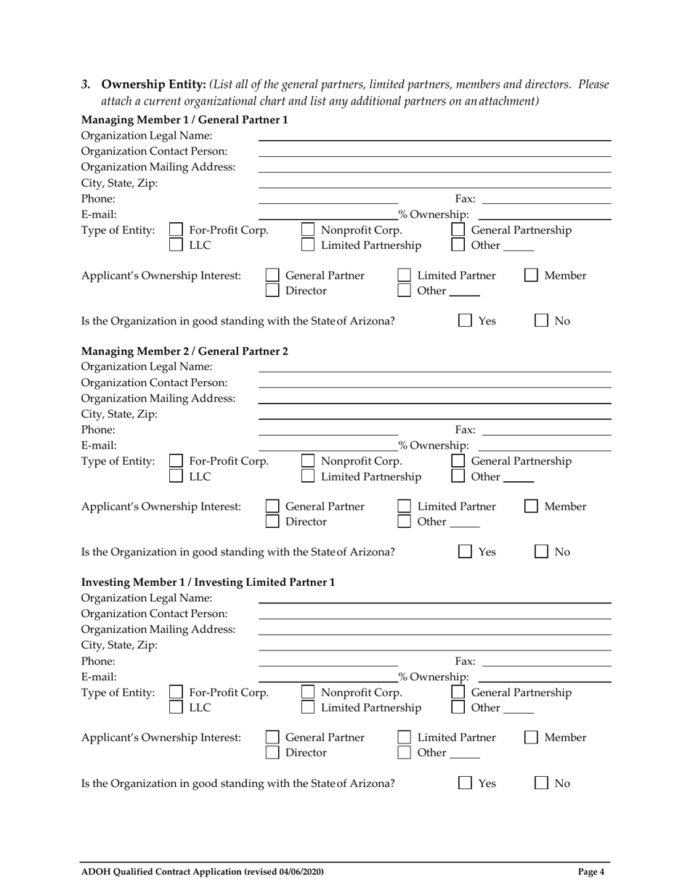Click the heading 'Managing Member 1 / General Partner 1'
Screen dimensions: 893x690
coord(184,120)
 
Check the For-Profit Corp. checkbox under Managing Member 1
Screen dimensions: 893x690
coord(176,230)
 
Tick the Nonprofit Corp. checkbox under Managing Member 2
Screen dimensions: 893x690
coord(308,461)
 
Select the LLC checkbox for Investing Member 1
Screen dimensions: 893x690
coord(176,707)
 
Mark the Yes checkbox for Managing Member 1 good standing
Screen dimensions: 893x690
coord(466,321)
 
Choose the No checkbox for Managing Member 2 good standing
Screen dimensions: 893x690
coord(542,552)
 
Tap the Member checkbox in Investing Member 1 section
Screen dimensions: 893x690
coord(532,738)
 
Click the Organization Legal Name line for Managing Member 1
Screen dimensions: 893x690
coord(434,136)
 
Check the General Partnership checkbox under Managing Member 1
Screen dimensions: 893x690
coord(458,230)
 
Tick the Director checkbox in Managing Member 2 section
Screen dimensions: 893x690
coord(272,521)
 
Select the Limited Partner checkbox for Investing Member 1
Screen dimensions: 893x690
coord(405,738)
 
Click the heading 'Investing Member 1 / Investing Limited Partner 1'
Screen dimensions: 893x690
coord(208,582)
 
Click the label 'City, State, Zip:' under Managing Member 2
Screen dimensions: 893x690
coord(119,415)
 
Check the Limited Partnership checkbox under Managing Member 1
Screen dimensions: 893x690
coord(308,245)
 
